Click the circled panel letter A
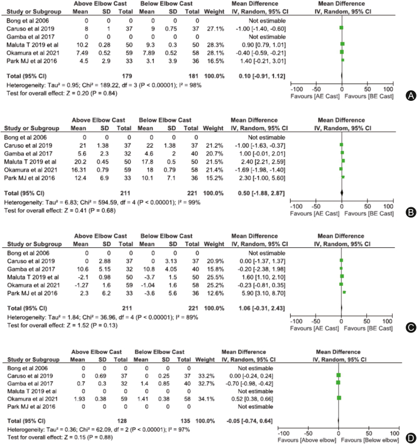[x=410, y=96]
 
